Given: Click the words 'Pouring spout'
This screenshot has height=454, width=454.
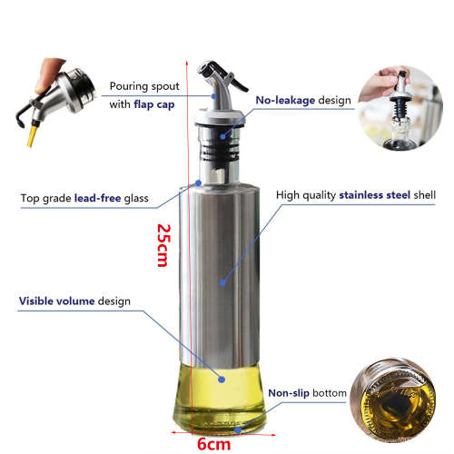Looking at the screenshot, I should click(x=145, y=86).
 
